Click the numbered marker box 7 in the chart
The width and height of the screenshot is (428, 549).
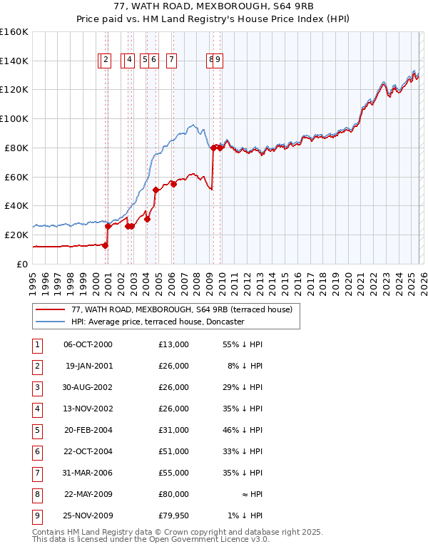[x=172, y=61]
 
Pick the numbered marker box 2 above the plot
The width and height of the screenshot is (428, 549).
[x=106, y=61]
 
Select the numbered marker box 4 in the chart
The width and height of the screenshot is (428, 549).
[x=129, y=61]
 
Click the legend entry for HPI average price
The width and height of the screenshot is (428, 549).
[x=157, y=322]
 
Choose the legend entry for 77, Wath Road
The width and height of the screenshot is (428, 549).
[x=181, y=309]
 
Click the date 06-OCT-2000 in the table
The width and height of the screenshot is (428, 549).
[x=88, y=344]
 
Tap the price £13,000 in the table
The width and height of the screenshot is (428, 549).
[x=173, y=344]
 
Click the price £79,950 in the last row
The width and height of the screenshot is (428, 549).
[x=173, y=515]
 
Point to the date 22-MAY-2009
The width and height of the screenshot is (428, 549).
[x=88, y=494]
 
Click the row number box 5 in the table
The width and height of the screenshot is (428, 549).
[x=36, y=430]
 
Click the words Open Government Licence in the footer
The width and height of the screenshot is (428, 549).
[x=203, y=540]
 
